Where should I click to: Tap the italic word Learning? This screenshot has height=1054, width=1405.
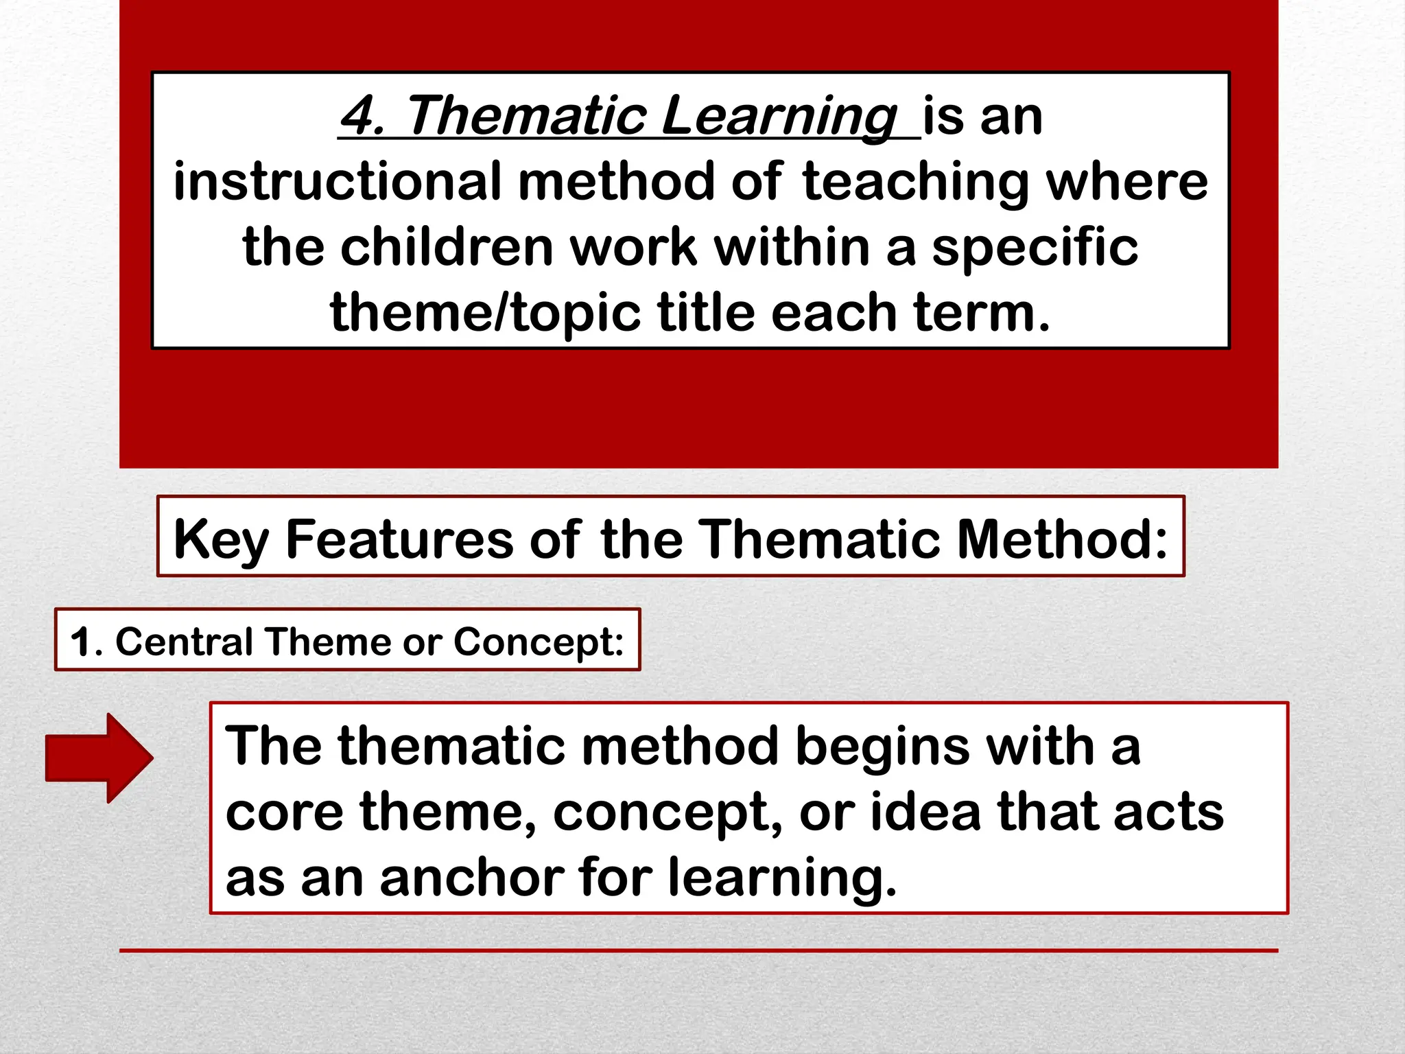click(779, 117)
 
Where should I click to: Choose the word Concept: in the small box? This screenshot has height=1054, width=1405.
click(539, 642)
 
